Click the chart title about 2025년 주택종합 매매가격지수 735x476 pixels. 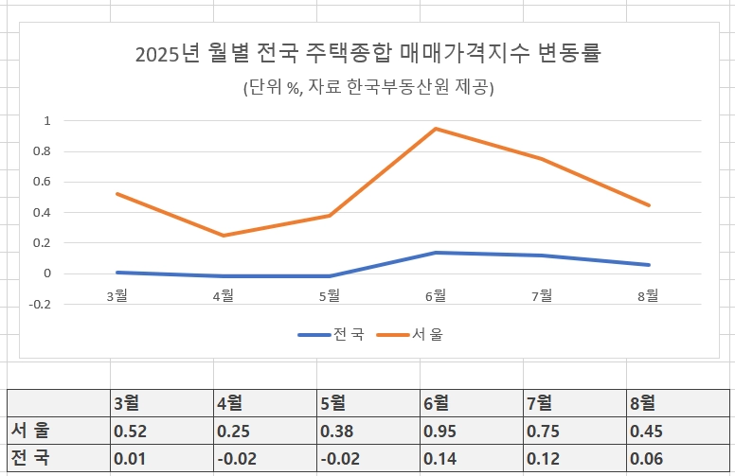coord(369,53)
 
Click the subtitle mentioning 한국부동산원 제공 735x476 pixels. coord(369,87)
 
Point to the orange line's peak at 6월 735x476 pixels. coord(436,129)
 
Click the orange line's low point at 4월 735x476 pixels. coord(224,236)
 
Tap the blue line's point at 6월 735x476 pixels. coord(436,253)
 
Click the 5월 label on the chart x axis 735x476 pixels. coord(330,296)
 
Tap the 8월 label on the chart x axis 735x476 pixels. coord(648,296)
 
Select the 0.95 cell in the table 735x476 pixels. coord(439,432)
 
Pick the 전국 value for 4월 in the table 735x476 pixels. coord(237,459)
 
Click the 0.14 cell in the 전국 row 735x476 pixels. coord(439,459)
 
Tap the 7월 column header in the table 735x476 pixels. coord(538,403)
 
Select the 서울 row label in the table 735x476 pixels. coord(30,432)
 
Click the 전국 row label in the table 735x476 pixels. coord(30,459)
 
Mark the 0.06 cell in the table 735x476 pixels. coord(646,459)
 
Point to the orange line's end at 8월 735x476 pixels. coord(649,205)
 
